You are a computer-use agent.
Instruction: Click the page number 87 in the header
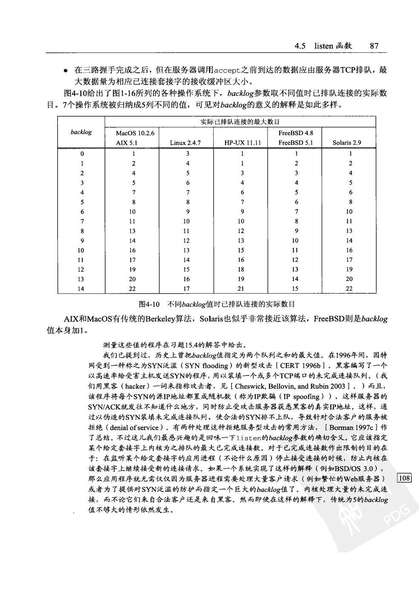coord(374,46)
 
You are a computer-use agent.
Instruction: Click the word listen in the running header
coord(324,46)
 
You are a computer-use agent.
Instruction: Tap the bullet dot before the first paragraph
coord(65,70)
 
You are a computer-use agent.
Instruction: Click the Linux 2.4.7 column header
coord(185,143)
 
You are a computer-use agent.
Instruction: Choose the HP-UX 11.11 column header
coord(242,143)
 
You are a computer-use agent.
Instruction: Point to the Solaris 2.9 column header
coord(347,143)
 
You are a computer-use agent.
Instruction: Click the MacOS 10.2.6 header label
coord(135,133)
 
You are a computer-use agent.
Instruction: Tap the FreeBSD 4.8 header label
coord(295,133)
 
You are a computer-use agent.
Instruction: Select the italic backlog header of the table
coord(81,132)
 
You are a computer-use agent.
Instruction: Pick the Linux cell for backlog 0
coord(187,154)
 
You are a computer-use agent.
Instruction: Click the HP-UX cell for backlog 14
coord(241,289)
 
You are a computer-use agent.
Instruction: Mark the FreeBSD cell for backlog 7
coord(296,221)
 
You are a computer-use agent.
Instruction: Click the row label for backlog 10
coord(81,250)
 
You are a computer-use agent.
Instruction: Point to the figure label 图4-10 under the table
coord(149,304)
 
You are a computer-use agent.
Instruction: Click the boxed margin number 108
coord(404,478)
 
